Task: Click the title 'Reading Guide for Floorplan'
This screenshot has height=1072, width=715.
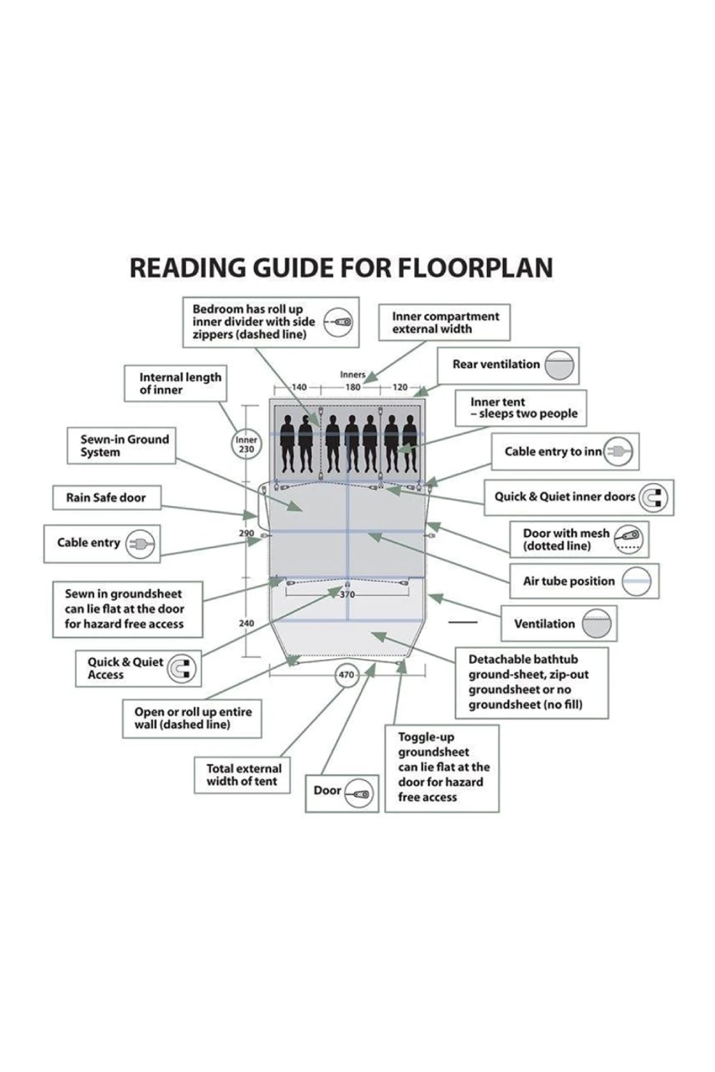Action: coord(341,268)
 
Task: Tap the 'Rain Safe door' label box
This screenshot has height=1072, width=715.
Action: coord(107,497)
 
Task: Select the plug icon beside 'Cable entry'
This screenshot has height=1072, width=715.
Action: coord(140,544)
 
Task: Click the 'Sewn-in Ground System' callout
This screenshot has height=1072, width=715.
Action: coord(122,445)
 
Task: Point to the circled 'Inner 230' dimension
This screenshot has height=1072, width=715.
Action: coord(246,445)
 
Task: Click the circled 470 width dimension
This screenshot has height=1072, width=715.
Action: coord(346,675)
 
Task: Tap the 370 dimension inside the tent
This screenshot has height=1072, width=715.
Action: coord(347,595)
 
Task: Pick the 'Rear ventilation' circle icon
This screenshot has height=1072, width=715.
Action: coord(558,365)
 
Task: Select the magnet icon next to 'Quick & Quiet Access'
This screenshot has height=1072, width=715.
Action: coord(182,669)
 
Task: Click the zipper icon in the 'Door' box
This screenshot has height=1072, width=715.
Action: coord(360,793)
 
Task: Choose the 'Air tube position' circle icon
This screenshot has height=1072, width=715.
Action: coord(636,582)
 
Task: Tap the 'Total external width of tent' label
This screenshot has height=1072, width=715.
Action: coord(243,775)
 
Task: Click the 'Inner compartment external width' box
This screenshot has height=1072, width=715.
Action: coord(445,323)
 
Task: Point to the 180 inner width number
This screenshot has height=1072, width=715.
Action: coord(352,387)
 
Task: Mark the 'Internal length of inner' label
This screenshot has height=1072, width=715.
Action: coord(176,383)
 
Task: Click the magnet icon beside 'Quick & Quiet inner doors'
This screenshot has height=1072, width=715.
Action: coord(652,497)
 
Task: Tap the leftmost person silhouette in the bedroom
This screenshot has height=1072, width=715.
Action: coord(287,443)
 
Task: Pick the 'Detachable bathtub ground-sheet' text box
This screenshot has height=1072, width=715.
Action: coord(531,682)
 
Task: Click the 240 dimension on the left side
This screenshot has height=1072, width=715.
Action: coord(246,623)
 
